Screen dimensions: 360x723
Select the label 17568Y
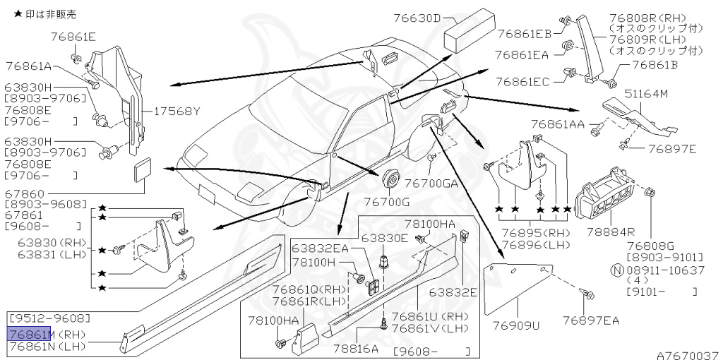point(177,111)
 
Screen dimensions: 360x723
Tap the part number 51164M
point(650,93)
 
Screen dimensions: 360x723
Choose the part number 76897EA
point(591,321)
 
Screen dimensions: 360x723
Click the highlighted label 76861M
point(29,334)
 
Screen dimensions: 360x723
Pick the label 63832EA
point(321,248)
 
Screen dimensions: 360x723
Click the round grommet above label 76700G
point(390,179)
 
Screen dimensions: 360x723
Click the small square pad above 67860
point(141,172)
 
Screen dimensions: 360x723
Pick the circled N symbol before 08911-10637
point(616,270)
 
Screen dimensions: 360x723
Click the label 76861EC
point(522,82)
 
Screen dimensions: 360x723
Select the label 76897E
point(672,149)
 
